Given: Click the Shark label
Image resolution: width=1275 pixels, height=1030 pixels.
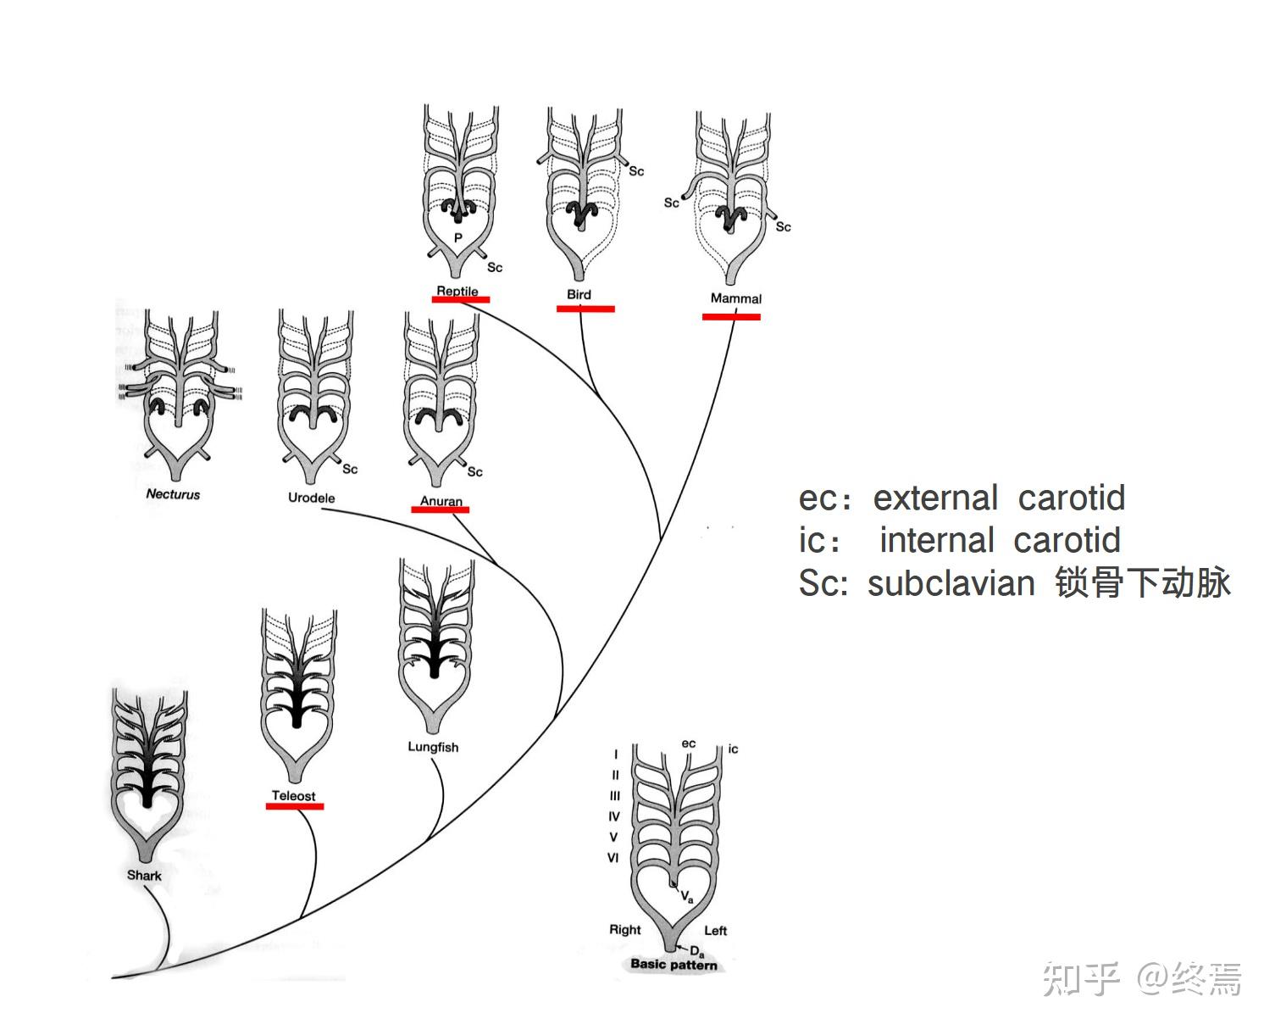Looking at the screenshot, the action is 144,875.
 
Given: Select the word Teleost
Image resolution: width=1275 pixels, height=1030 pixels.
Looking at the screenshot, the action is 293,795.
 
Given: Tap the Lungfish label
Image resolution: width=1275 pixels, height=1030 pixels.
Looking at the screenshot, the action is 433,747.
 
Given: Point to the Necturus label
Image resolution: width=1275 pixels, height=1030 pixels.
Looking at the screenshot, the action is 173,494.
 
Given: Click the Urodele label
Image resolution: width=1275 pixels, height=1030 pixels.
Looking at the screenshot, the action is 311,498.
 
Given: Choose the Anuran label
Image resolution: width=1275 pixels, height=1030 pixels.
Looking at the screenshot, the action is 441,501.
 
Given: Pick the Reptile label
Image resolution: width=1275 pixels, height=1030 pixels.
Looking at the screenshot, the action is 457,291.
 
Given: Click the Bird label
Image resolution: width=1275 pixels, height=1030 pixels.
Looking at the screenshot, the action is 579,294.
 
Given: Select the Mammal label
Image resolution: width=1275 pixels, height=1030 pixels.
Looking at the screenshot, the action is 735,298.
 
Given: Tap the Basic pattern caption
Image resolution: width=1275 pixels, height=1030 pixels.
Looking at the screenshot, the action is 674,964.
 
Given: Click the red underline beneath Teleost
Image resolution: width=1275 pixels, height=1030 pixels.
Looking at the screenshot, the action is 295,806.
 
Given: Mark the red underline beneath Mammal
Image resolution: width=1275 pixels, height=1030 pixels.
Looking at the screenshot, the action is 731,317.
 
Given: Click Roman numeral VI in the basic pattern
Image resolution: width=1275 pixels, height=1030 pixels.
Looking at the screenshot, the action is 613,858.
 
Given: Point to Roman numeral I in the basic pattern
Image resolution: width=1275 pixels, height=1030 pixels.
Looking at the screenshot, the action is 616,754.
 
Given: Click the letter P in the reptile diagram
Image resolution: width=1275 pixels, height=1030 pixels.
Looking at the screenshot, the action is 458,238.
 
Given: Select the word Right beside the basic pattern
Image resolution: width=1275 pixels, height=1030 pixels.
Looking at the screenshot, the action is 625,929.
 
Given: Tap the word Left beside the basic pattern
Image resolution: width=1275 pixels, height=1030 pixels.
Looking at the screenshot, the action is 716,930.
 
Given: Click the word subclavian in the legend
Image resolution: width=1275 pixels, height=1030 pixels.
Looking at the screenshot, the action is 951,583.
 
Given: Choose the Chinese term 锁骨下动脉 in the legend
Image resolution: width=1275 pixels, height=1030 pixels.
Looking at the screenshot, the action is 1142,583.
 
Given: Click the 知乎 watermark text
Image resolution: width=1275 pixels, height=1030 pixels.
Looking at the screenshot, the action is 1080,979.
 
